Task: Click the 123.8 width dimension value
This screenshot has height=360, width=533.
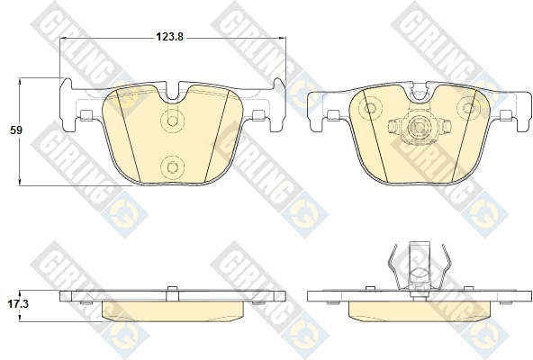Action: click(170, 37)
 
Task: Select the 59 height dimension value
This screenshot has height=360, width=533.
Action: click(15, 130)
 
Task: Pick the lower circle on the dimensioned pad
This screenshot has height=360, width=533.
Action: click(172, 164)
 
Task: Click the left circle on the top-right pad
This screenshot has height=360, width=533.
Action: click(367, 109)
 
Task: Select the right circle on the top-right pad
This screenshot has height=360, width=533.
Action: click(467, 109)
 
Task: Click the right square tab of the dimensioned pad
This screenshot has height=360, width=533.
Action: click(259, 114)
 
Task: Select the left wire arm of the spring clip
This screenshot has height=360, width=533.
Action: click(392, 265)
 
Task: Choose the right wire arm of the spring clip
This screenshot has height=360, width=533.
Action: click(443, 265)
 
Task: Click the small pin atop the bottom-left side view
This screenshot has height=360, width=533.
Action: click(172, 290)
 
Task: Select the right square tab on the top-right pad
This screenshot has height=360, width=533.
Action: click(503, 114)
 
